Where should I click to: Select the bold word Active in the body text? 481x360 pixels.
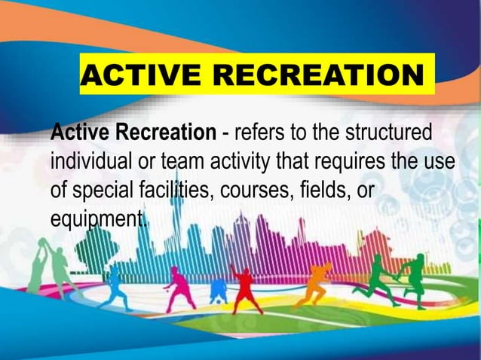[x=81, y=135]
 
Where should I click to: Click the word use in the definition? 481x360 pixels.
[x=439, y=162]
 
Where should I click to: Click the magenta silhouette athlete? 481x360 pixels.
[x=179, y=287]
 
